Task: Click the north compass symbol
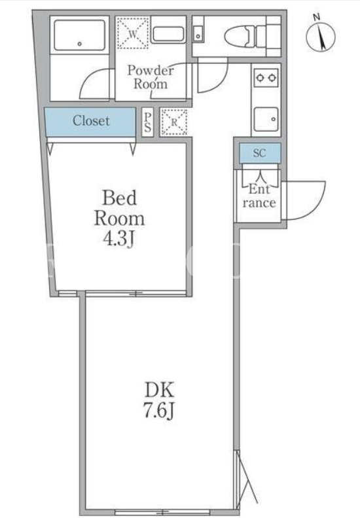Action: pos(320,34)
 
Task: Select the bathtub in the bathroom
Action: pos(80,35)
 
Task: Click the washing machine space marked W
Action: pos(132,33)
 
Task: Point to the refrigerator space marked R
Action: pos(174,122)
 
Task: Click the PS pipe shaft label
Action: pos(147,122)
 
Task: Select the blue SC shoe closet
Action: pos(260,153)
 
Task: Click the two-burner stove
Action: pos(266,78)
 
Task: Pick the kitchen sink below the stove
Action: pos(266,119)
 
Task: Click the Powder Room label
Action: pos(151,77)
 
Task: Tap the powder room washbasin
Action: pos(168,34)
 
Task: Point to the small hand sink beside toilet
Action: pos(198,33)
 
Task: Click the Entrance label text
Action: pos(259,196)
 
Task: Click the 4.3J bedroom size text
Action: pos(119,239)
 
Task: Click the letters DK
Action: pos(159,389)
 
